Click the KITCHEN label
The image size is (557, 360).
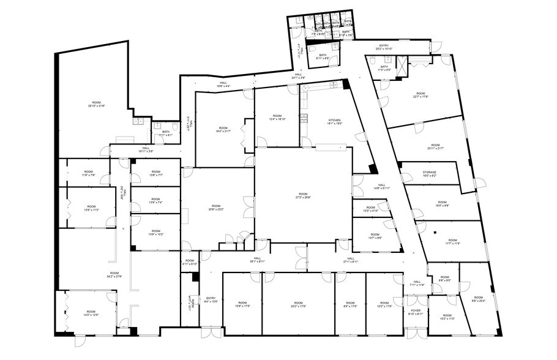[x=335, y=121]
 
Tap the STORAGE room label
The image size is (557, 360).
[x=429, y=174]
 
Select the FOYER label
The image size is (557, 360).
[x=416, y=312]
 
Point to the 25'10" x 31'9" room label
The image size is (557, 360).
[x=96, y=103]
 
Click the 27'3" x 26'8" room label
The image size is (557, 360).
[x=303, y=196]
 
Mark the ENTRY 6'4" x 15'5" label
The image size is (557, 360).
[x=211, y=300]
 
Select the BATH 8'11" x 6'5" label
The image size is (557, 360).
[x=323, y=56]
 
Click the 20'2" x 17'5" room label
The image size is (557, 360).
[x=298, y=304]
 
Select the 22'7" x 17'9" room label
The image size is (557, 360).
[x=421, y=95]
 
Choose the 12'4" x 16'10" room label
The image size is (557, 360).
[x=277, y=117]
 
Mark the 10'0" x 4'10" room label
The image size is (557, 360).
[x=371, y=210]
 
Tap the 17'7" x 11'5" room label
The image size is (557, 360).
[x=452, y=242]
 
